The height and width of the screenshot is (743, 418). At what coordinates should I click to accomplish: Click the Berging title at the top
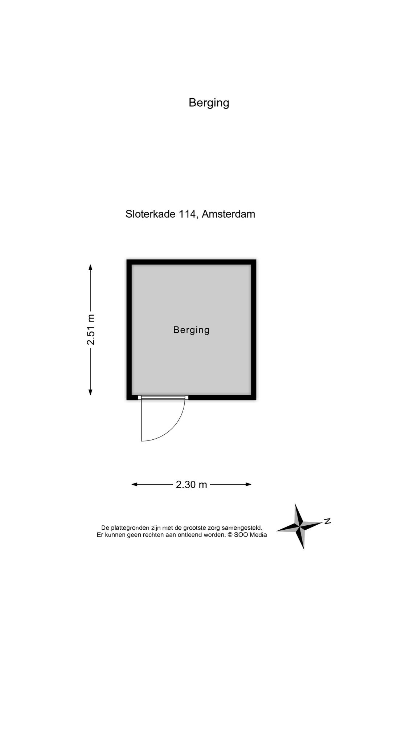click(x=209, y=103)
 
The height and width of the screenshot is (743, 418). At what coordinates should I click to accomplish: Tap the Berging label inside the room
click(x=191, y=330)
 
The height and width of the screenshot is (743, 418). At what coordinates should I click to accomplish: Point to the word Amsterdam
click(x=228, y=214)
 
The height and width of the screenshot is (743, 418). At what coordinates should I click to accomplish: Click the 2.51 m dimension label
click(x=91, y=329)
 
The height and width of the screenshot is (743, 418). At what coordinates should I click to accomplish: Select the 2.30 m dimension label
click(x=191, y=484)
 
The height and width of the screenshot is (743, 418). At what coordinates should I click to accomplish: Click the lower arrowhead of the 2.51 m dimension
click(x=90, y=392)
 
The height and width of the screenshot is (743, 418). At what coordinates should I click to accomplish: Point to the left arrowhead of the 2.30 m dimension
click(x=135, y=484)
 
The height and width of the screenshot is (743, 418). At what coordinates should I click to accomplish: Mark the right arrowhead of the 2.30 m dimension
click(x=248, y=484)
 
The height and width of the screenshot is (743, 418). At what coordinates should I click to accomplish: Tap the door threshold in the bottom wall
click(x=163, y=398)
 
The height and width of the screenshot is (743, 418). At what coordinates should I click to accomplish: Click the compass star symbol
click(x=300, y=526)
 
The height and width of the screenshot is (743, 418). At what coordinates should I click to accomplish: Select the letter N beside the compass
click(x=327, y=521)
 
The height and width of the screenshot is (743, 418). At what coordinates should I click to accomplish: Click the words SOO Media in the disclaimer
click(x=250, y=535)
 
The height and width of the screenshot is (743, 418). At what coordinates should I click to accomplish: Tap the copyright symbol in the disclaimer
click(x=230, y=535)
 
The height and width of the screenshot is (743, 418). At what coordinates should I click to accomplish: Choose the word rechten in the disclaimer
click(x=152, y=535)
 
